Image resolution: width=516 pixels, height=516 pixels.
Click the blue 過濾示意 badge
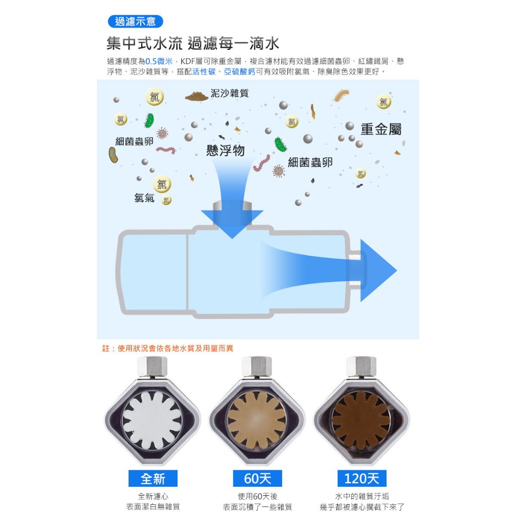tap(135, 22)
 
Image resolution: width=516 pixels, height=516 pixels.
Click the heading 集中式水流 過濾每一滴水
tap(193, 43)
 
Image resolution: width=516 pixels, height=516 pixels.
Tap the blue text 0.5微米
tap(159, 61)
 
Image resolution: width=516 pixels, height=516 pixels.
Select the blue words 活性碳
tap(204, 72)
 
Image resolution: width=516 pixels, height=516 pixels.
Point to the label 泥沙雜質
tap(229, 93)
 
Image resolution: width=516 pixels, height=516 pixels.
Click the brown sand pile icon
tap(197, 96)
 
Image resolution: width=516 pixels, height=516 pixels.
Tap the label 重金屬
tap(381, 129)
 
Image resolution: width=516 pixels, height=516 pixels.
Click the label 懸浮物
tap(225, 150)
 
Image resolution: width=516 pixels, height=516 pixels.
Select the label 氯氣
tap(144, 198)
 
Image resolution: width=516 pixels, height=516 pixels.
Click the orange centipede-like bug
tap(341, 95)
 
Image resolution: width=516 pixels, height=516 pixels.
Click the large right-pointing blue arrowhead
tap(378, 271)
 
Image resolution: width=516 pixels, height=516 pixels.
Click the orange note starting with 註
tap(167, 349)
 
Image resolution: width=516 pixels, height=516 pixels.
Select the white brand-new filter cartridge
tap(152, 420)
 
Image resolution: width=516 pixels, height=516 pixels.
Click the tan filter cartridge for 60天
tap(256, 420)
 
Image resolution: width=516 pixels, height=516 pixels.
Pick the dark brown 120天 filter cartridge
tap(361, 420)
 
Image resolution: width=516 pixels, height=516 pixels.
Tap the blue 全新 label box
tap(153, 479)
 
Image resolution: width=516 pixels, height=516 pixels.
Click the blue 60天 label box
tap(257, 479)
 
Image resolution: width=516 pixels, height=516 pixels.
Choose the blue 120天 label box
tap(362, 479)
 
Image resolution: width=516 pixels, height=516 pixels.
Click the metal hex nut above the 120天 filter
tap(361, 366)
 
